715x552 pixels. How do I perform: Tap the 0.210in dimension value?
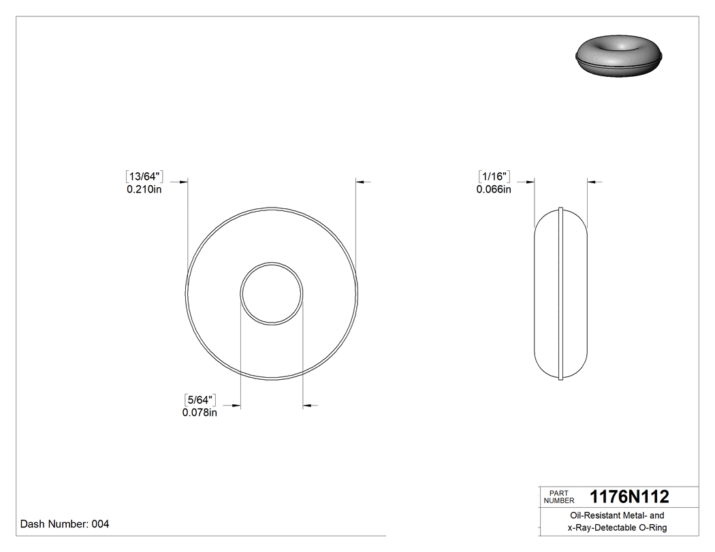point(144,190)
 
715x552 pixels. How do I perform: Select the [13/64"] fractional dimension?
point(144,176)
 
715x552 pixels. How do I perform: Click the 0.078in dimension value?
point(200,412)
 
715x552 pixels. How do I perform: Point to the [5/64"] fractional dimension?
point(200,399)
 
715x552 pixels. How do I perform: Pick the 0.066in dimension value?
point(494,190)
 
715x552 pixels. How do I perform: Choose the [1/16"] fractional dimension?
point(494,176)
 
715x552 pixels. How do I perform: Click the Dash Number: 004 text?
point(65,524)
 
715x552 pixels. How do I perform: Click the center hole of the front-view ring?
point(272,293)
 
